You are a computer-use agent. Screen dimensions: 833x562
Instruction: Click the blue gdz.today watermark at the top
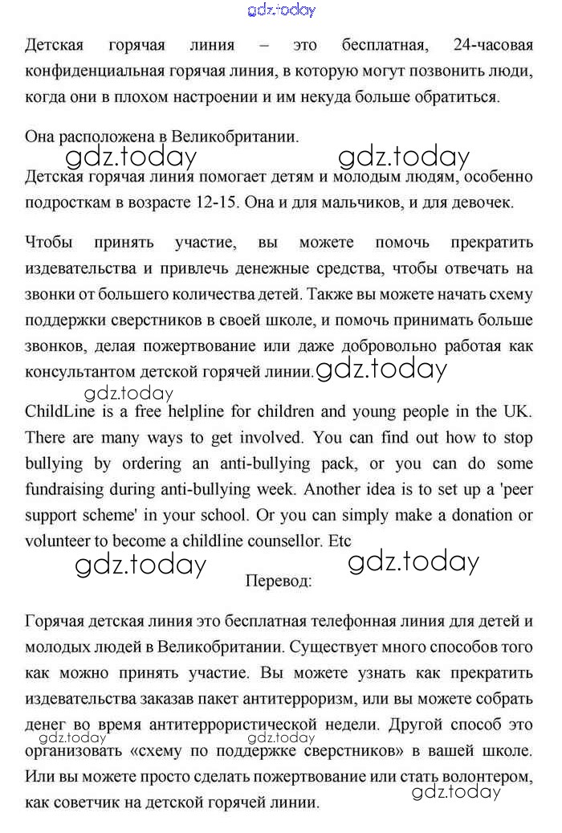[282, 10]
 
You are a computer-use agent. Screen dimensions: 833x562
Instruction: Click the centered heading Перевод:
[279, 579]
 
